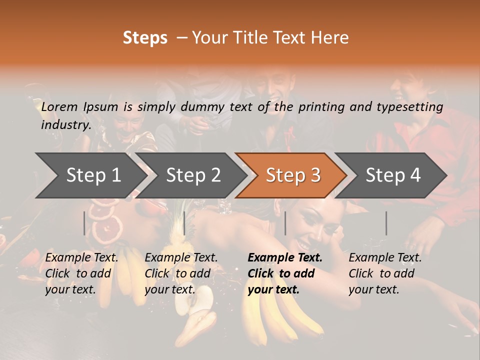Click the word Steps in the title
coord(145,38)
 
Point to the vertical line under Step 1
coord(84,223)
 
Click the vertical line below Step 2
coord(184,223)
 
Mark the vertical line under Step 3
coord(285,223)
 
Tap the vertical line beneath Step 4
coord(386,223)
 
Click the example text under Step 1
coord(81,273)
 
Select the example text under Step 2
coord(181,273)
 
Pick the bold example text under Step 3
coord(285,273)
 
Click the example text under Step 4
coord(385,273)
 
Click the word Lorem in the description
coord(59,106)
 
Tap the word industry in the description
coord(66,124)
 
